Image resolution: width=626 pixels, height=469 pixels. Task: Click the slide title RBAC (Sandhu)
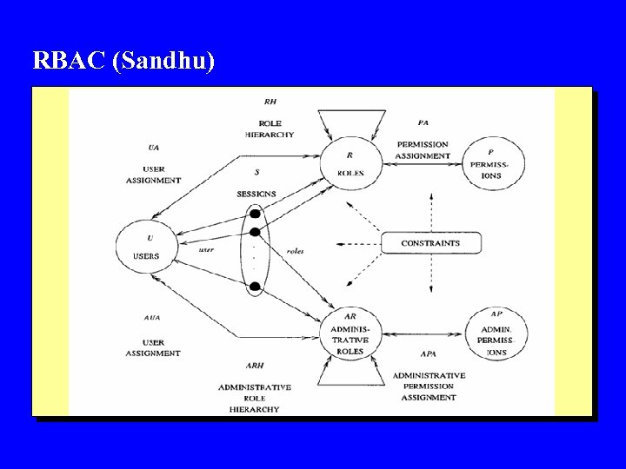[x=123, y=61]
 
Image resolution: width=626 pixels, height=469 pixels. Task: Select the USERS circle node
[x=146, y=245]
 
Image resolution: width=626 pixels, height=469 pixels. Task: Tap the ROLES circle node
[x=350, y=162]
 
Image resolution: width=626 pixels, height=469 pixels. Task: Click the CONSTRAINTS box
[x=430, y=243]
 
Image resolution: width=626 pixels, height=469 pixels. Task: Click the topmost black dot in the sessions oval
[x=255, y=214]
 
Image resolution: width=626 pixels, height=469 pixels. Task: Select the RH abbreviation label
[x=270, y=102]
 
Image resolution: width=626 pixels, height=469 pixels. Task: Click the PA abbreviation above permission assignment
[x=423, y=122]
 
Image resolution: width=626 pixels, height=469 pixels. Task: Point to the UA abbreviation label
[x=154, y=147]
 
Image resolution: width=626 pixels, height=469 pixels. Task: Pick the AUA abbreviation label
[x=152, y=318]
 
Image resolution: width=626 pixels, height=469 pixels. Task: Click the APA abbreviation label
[x=428, y=354]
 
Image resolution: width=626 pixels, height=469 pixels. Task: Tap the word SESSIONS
[x=256, y=193]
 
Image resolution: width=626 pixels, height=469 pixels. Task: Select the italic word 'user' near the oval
[x=206, y=249]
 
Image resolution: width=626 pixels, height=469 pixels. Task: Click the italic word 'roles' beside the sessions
[x=295, y=251]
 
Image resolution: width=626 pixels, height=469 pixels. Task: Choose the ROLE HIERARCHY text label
[x=270, y=129]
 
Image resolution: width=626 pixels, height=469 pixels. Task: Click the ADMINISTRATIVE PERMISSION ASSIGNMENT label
[x=429, y=386]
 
